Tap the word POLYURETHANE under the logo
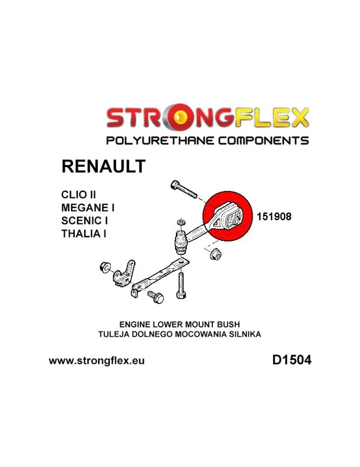[160, 140]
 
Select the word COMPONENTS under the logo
[263, 140]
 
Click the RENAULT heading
[103, 166]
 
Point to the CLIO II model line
[78, 194]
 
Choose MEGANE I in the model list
[88, 207]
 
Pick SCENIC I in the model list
[85, 220]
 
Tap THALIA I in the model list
[84, 233]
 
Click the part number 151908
[274, 216]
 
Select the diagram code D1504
[291, 360]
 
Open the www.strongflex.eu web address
[97, 361]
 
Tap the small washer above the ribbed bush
[180, 222]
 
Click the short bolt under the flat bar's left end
[155, 297]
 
